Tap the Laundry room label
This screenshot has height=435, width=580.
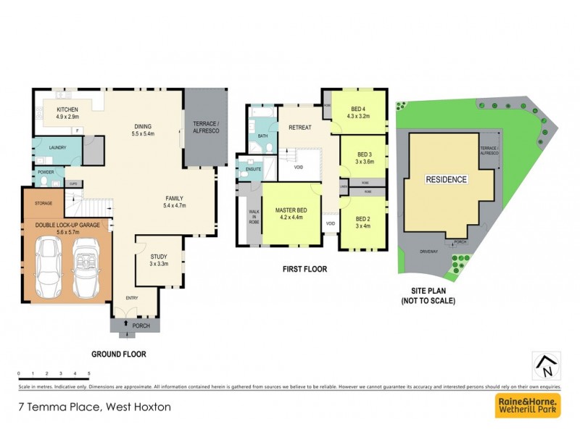pos(48,147)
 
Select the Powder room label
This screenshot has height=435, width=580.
pos(45,173)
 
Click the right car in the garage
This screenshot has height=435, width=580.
pos(85,267)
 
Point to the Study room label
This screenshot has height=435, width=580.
pos(159,257)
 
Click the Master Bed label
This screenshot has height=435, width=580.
pos(291,211)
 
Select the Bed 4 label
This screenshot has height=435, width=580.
pos(359,109)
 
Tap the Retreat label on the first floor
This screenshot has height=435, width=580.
pos(299,128)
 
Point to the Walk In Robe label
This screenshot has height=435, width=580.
pos(254,217)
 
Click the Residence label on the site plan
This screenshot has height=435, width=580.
pos(446,179)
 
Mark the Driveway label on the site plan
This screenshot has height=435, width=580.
pos(428,252)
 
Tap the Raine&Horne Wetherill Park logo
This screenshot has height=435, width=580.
pos(527,405)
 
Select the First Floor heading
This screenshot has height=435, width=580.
pos(304,269)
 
